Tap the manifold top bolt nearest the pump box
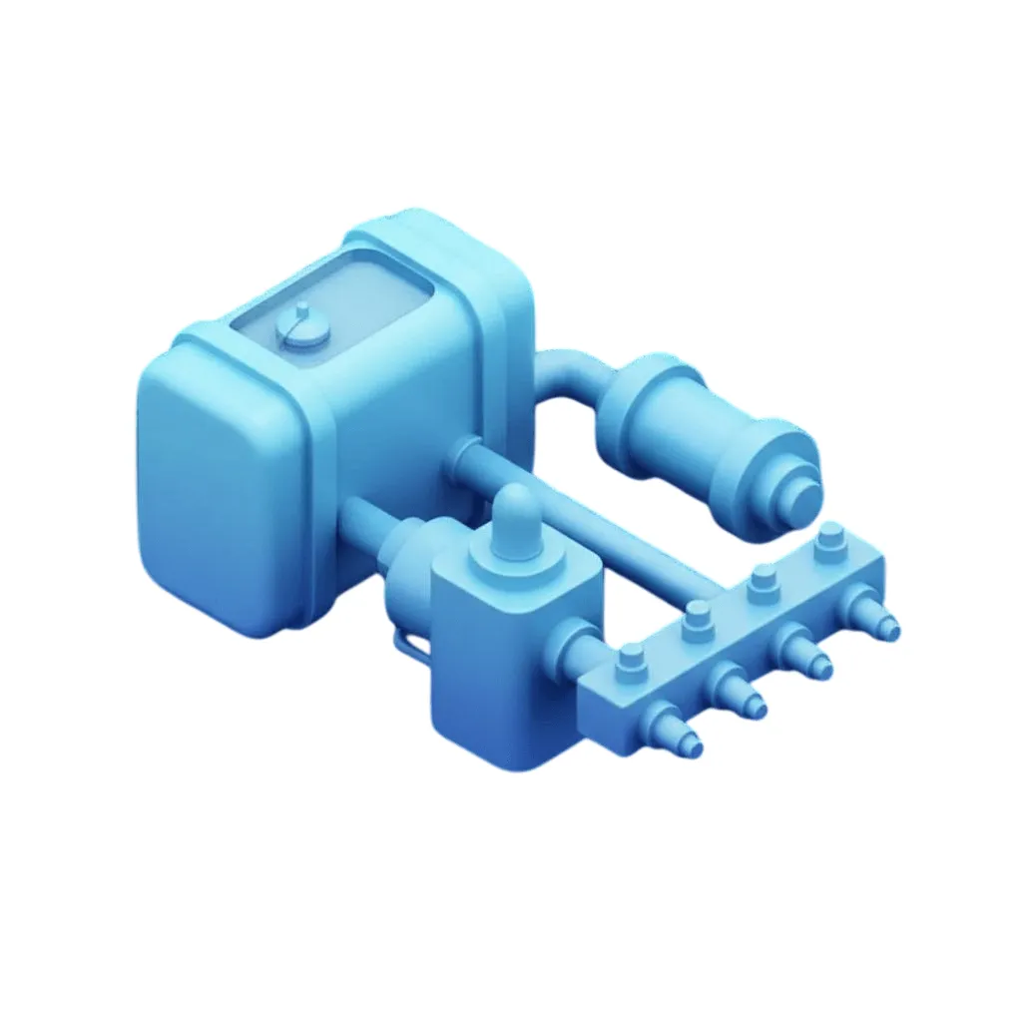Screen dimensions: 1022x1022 pyautogui.click(x=631, y=660)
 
